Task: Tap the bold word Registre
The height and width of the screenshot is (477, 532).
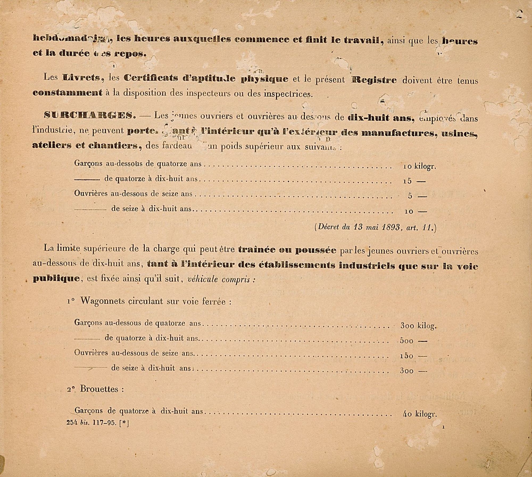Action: point(374,80)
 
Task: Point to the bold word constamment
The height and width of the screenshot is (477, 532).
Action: point(67,93)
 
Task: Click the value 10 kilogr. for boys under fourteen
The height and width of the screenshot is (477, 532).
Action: point(419,166)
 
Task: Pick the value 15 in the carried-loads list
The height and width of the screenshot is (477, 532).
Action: point(407,181)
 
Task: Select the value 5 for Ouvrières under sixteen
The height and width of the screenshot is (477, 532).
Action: point(410,196)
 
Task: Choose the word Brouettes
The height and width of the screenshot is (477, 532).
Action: point(99,389)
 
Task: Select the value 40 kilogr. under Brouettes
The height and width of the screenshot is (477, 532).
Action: point(419,414)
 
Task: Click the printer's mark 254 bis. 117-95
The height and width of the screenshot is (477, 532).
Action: point(97,423)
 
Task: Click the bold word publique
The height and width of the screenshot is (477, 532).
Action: point(56,279)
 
